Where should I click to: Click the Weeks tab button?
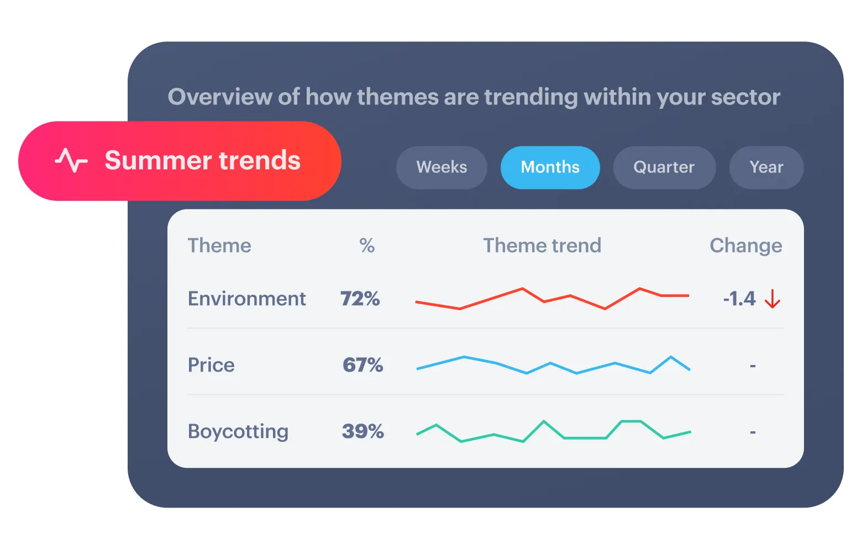point(441,168)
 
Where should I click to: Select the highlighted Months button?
point(550,168)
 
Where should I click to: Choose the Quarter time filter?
point(664,168)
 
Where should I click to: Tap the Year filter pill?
point(766,168)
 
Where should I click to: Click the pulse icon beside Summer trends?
point(71,160)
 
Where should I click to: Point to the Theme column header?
point(219,246)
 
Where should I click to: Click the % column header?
point(367,246)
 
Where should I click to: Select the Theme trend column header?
point(542,246)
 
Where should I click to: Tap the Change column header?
point(746,246)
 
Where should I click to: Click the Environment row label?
point(246,299)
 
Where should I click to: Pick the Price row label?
point(211,365)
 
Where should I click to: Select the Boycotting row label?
point(238,431)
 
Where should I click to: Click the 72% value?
point(360,299)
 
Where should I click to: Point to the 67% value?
point(362,365)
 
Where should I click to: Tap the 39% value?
point(362,431)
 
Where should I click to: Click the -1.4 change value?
point(739,299)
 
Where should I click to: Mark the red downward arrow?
point(772,299)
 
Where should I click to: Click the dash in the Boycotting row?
point(753,432)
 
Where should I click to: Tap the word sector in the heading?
point(745,97)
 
